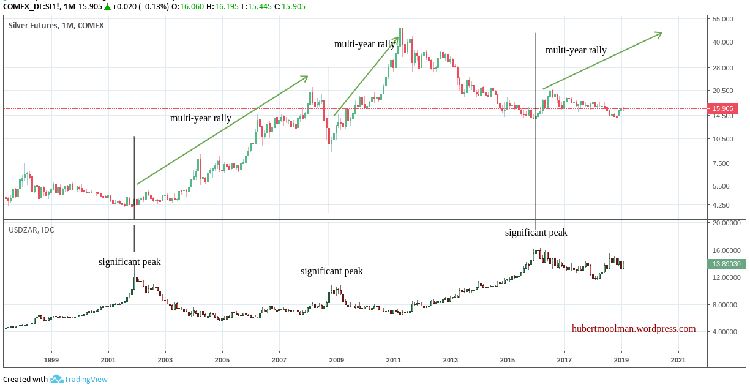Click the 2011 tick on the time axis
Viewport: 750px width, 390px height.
(394, 360)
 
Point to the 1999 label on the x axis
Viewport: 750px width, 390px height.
(51, 360)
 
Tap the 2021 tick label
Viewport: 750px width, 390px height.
(678, 360)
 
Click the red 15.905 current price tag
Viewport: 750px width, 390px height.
(722, 109)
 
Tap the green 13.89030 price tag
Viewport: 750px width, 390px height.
(726, 264)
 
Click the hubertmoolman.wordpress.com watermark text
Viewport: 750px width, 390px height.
(634, 329)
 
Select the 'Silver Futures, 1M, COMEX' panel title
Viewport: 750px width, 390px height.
(56, 26)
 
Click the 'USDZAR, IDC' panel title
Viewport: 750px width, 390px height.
(31, 230)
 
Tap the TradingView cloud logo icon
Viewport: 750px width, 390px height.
(57, 380)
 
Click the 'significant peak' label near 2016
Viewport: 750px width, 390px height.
(536, 233)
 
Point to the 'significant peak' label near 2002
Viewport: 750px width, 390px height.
(130, 262)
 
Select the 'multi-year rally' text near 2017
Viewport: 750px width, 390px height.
(576, 50)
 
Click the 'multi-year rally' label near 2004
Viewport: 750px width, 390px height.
(201, 118)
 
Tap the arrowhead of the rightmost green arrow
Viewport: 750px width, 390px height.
(659, 34)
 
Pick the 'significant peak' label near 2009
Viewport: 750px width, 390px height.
(331, 271)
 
